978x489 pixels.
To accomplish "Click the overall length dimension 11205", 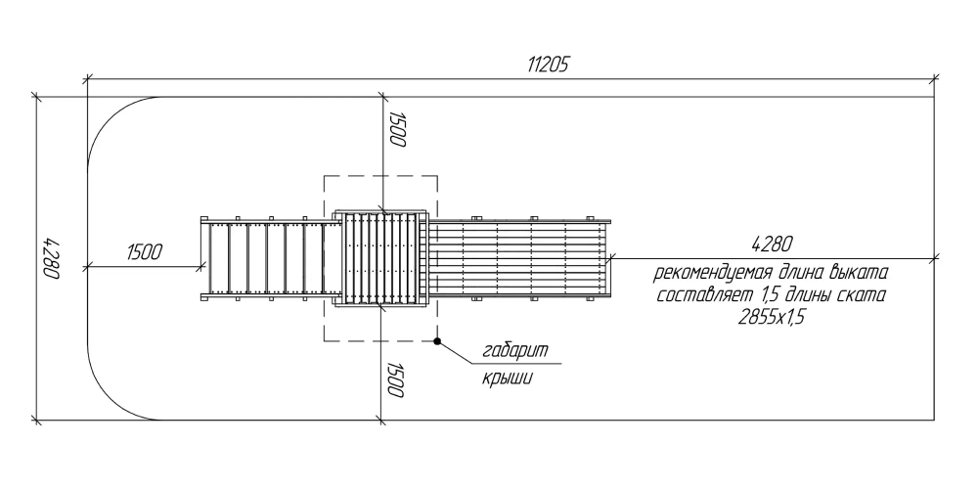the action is [x=549, y=65].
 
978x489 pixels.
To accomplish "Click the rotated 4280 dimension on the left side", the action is [x=51, y=258].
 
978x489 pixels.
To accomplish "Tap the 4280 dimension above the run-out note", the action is [x=773, y=244].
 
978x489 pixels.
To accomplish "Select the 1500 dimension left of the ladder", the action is [x=144, y=252].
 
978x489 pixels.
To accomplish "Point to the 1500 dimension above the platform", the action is [x=397, y=130].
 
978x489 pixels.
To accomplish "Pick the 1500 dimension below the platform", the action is [x=397, y=379].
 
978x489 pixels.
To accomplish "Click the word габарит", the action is [x=515, y=350].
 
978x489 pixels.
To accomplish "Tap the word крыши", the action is [x=507, y=378].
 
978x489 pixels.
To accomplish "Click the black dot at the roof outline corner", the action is [x=437, y=341].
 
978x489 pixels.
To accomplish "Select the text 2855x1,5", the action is [x=772, y=317].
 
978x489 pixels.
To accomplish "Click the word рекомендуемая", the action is [x=708, y=273].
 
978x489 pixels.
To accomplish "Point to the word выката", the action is [x=859, y=273].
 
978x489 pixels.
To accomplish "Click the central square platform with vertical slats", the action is [x=381, y=258].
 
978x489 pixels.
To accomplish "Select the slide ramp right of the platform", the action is [x=520, y=258].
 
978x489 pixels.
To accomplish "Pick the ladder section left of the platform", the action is [x=270, y=258].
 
